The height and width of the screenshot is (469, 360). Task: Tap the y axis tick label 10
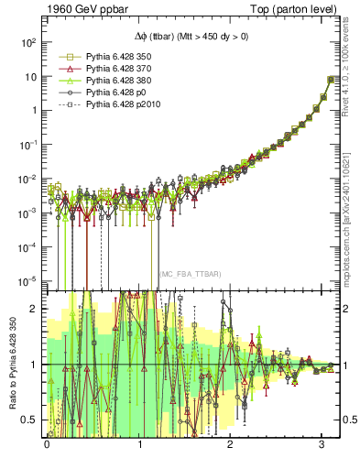pos(29,76)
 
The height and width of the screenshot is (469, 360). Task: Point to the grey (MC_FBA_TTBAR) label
pos(190,274)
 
